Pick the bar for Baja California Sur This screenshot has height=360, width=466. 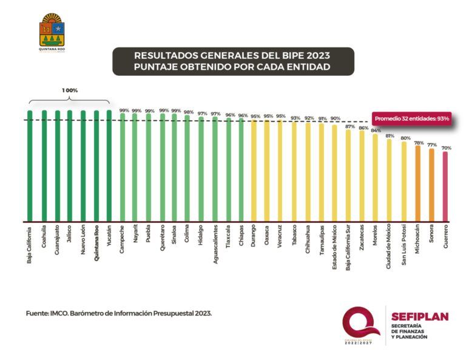click(348, 175)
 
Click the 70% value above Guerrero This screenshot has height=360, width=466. click(446, 148)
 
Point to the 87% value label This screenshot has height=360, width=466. click(349, 127)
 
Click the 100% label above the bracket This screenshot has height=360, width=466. click(70, 90)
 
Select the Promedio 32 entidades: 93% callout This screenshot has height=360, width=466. click(411, 118)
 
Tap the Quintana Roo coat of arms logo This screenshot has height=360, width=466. click(52, 32)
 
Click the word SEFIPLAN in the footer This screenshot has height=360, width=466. click(419, 316)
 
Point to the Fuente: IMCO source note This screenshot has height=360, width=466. click(119, 313)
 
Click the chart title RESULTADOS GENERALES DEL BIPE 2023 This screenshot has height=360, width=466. click(233, 55)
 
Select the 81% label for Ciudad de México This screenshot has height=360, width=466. click(390, 135)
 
